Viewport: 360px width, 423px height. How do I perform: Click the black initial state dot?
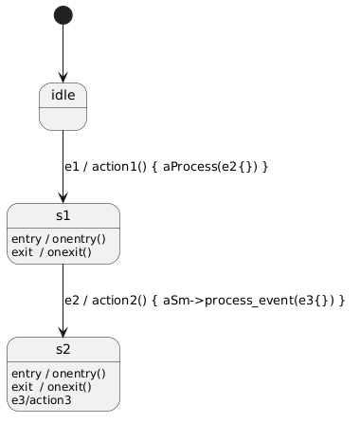point(63,15)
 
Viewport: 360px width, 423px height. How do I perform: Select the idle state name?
point(63,95)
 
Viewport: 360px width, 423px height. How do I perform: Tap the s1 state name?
point(63,215)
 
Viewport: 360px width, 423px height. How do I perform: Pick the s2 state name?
point(63,349)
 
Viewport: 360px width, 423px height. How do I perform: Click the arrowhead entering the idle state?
point(63,78)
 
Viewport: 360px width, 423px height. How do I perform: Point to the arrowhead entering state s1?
point(63,198)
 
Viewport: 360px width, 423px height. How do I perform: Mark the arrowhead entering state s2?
point(63,332)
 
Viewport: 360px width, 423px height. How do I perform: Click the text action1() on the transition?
point(119,167)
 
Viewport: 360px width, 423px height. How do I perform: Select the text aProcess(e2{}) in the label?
point(210,167)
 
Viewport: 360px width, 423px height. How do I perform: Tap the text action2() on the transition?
point(119,301)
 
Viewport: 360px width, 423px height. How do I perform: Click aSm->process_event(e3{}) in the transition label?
point(248,301)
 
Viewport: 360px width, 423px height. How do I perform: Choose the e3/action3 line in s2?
point(42,400)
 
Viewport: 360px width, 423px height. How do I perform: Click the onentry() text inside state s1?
point(79,239)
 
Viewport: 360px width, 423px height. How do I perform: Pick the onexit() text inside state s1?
point(69,252)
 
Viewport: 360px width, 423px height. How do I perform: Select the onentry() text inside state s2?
point(79,374)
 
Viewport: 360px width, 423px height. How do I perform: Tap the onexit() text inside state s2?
point(69,387)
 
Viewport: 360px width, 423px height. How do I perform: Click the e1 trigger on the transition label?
point(72,167)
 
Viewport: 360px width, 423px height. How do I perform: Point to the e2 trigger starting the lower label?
point(72,301)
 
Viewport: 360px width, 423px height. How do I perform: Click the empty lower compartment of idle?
point(63,119)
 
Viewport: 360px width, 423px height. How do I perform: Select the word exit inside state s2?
point(22,387)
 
